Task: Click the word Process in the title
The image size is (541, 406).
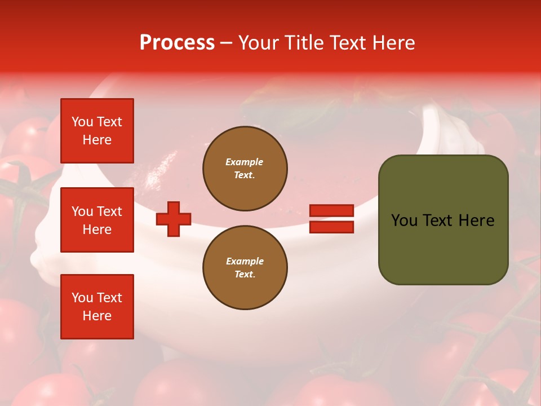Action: click(x=177, y=43)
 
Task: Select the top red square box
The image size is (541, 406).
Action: click(x=97, y=131)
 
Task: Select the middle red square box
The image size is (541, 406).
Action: click(x=97, y=220)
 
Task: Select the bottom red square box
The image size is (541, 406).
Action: click(x=97, y=307)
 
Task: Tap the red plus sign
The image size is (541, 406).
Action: click(x=174, y=219)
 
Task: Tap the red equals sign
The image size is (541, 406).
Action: click(x=331, y=219)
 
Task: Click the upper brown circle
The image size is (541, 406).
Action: click(x=245, y=169)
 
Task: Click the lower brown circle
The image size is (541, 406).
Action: click(x=245, y=268)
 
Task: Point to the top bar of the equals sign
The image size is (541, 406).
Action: click(x=331, y=211)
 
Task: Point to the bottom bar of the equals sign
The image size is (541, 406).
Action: click(x=331, y=227)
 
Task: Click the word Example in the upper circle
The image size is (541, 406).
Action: click(x=245, y=162)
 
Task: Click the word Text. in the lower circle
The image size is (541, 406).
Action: click(x=245, y=275)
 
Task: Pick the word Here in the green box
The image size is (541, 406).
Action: click(x=476, y=220)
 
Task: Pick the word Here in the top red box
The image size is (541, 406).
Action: click(x=97, y=140)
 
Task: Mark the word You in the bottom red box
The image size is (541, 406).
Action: click(x=82, y=298)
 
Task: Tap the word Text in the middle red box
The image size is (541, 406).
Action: click(x=109, y=211)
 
